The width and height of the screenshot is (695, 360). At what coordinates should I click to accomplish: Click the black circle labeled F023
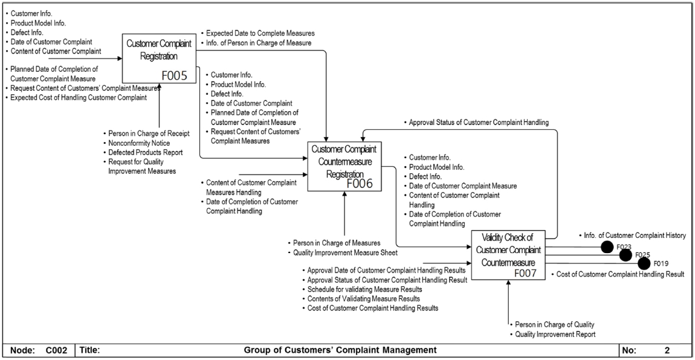[606, 246]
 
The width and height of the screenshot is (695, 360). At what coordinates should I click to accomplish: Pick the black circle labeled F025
[625, 255]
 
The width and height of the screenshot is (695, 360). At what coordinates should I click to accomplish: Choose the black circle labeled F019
[644, 263]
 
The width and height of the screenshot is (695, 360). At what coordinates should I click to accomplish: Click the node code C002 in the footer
[54, 349]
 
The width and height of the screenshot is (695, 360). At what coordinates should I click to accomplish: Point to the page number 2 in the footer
[667, 349]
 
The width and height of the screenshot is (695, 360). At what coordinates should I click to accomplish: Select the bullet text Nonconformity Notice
[138, 143]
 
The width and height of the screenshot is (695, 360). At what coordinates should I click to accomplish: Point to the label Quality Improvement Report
[555, 334]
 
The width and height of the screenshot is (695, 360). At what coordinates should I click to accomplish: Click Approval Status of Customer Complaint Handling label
[479, 123]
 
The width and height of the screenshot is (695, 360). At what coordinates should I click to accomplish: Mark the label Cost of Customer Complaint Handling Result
[620, 274]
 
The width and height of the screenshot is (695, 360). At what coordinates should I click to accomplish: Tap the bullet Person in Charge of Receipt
[147, 133]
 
